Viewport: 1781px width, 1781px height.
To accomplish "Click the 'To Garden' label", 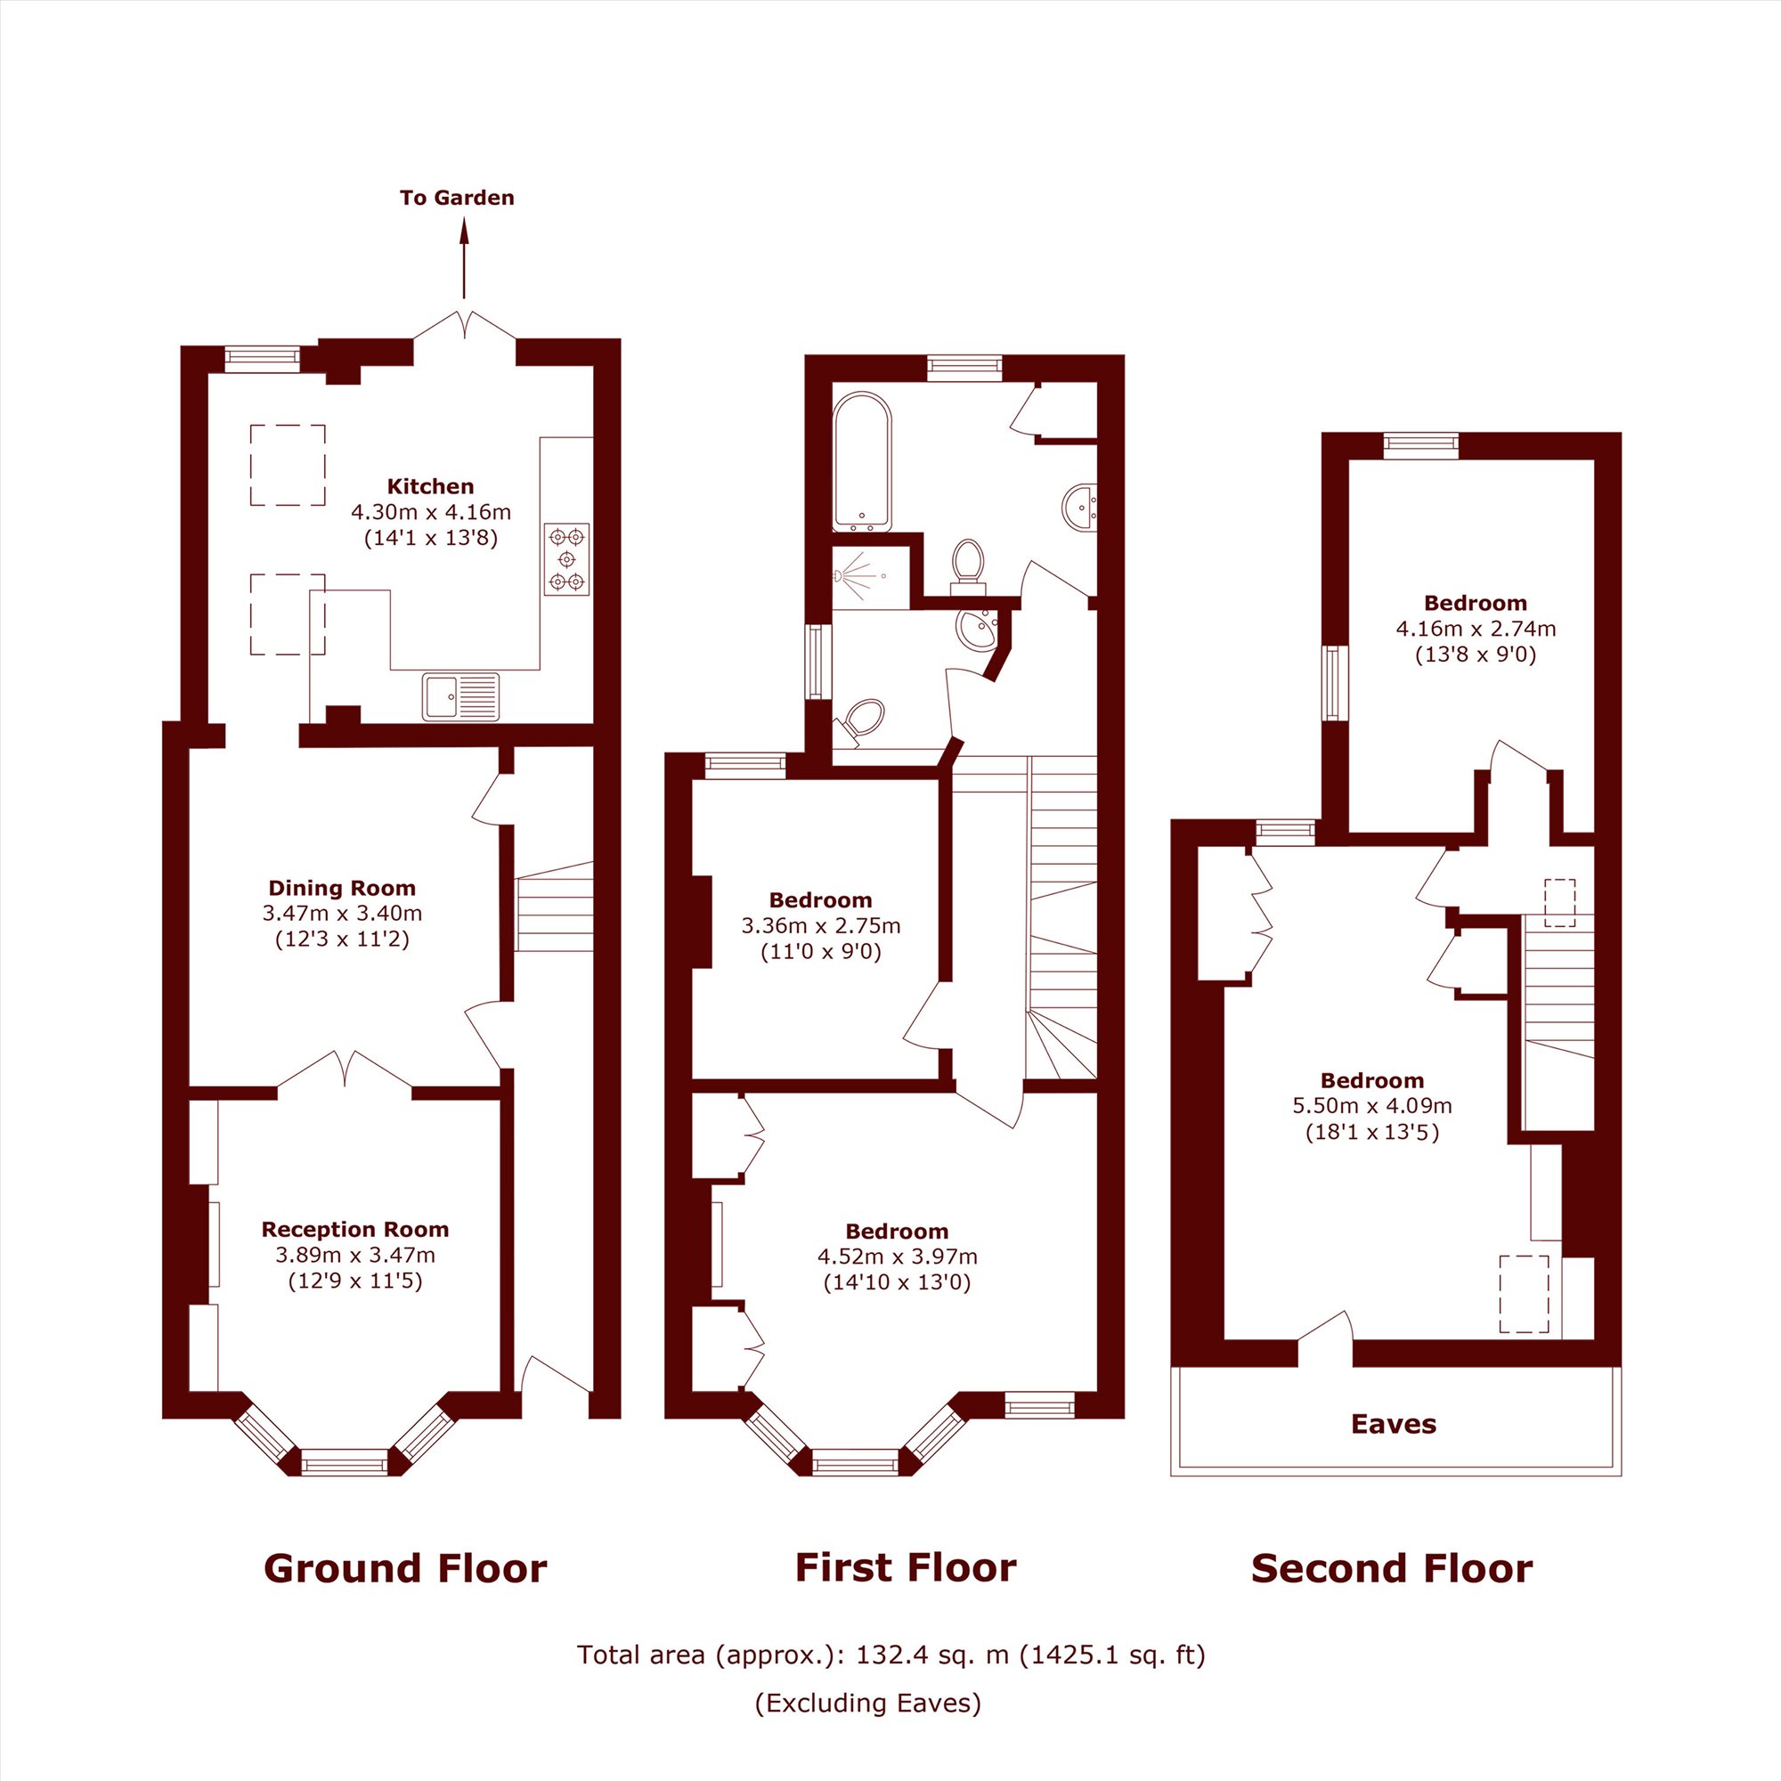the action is pyautogui.click(x=456, y=198).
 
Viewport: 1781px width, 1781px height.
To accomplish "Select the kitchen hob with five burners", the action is pyautogui.click(x=566, y=558).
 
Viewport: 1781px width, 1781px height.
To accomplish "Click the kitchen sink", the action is pyautogui.click(x=461, y=696).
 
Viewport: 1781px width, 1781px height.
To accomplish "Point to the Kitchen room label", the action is pyautogui.click(x=430, y=486).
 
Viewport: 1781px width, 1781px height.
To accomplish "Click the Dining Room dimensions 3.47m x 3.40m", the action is pyautogui.click(x=342, y=914).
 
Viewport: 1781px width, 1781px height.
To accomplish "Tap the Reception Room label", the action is pyautogui.click(x=355, y=1229).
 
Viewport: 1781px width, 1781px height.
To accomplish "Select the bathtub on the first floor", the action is pyautogui.click(x=862, y=462).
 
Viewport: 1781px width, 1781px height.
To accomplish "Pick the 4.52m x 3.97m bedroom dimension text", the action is pyautogui.click(x=897, y=1256).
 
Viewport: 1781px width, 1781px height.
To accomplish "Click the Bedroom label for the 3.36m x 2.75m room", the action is pyautogui.click(x=820, y=899).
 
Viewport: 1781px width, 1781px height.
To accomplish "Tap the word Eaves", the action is pyautogui.click(x=1394, y=1424).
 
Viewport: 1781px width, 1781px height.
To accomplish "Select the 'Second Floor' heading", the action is pyautogui.click(x=1392, y=1568).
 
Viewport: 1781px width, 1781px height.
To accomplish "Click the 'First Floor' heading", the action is pyautogui.click(x=906, y=1567).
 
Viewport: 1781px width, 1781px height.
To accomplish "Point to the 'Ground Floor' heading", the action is pyautogui.click(x=405, y=1568).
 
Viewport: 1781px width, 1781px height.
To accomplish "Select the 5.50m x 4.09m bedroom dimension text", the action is pyautogui.click(x=1371, y=1105).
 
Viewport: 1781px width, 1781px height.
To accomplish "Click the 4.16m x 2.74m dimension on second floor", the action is pyautogui.click(x=1476, y=629).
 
